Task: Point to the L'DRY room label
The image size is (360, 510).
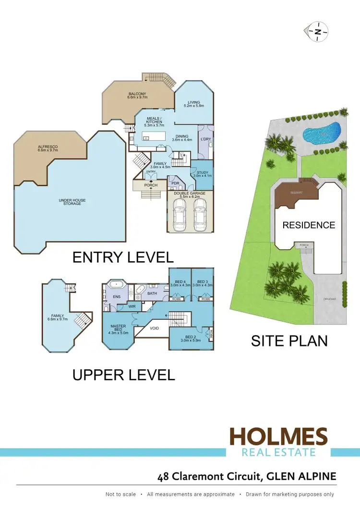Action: coord(206,139)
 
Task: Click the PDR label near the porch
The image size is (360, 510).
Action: coord(174,183)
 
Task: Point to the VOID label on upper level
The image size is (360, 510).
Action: coord(155,328)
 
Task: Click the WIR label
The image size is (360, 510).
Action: coord(132,306)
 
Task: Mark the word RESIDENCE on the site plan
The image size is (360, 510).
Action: coord(309,225)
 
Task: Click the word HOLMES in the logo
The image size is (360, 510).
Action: coord(278,437)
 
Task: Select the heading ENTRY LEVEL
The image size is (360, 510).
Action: coord(123,257)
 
